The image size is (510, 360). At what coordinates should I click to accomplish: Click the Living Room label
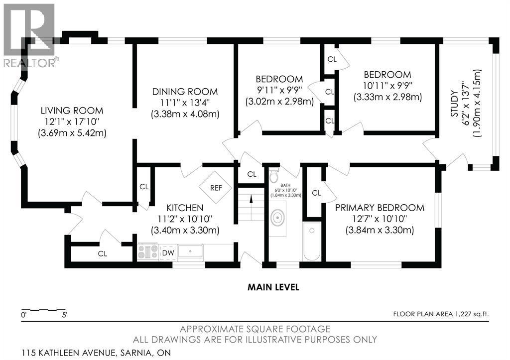click(x=72, y=111)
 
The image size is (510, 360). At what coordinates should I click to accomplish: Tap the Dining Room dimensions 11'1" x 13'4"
click(x=185, y=103)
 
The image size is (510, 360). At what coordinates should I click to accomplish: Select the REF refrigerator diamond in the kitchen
click(x=216, y=188)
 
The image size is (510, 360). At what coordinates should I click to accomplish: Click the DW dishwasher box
click(x=168, y=252)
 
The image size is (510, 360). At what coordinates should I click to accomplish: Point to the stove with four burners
click(x=147, y=252)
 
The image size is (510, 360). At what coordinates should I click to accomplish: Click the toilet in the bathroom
click(x=274, y=175)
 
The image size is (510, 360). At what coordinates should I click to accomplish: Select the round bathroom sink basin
click(x=278, y=218)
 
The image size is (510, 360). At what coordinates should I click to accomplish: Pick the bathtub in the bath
click(x=312, y=241)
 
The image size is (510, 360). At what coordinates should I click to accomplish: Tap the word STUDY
click(x=454, y=104)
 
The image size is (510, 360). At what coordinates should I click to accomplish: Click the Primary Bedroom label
click(x=380, y=208)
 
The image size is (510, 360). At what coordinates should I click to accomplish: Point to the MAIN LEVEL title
click(x=273, y=287)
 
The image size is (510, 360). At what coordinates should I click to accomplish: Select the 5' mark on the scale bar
click(x=64, y=315)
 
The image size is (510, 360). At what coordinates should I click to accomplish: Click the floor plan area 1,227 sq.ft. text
click(x=441, y=314)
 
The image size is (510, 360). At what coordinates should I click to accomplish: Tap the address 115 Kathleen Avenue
click(x=68, y=353)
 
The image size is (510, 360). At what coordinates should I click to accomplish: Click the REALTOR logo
click(x=29, y=36)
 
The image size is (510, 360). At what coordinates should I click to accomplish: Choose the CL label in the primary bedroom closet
click(x=316, y=193)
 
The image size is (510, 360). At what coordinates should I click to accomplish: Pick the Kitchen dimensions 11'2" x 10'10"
click(x=185, y=219)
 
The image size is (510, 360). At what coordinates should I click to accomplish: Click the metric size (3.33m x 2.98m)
click(x=387, y=97)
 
